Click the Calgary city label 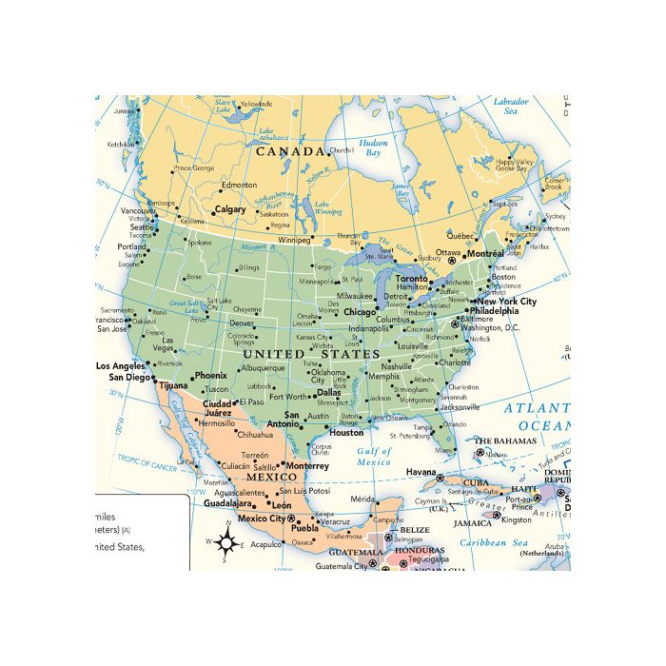230,209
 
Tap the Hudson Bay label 373,147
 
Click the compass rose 226,543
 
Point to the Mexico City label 261,519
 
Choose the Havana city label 420,473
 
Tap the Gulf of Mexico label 374,457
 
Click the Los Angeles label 121,366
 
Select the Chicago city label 360,311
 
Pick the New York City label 507,302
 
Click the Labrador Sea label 510,106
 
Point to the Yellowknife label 256,104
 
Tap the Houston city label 346,433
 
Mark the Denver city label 242,323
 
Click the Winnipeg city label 295,240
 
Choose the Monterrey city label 307,466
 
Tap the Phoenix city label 210,376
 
